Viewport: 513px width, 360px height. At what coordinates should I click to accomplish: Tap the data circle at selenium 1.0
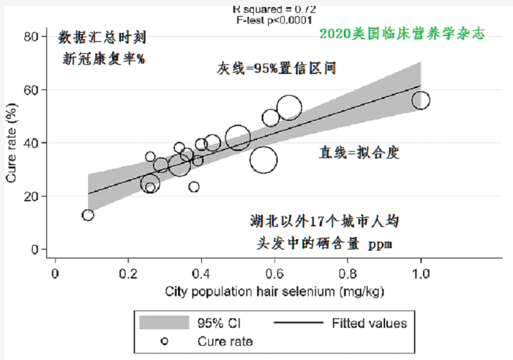[421, 100]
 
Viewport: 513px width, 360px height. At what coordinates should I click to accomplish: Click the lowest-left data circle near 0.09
[88, 215]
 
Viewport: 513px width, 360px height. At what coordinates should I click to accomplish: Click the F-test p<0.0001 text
[274, 19]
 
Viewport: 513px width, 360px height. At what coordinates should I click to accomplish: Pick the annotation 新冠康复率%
[104, 59]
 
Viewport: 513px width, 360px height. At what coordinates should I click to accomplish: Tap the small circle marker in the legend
[164, 341]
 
